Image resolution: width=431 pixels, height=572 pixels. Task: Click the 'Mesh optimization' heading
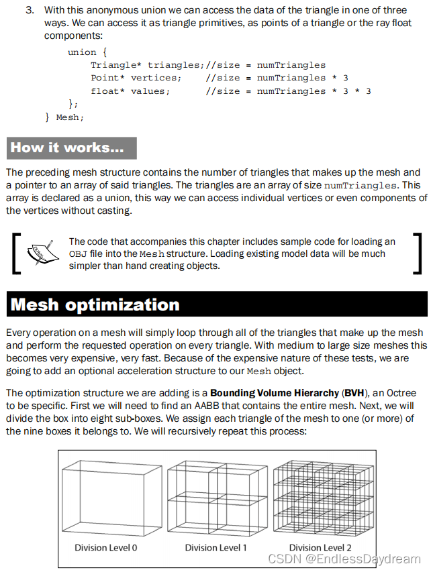click(95, 305)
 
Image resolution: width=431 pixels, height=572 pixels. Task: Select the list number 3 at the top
click(30, 11)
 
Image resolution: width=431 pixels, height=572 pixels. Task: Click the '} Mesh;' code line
click(64, 117)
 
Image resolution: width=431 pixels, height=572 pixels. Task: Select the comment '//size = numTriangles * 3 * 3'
click(289, 91)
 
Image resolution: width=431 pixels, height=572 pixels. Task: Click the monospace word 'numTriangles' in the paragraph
click(359, 186)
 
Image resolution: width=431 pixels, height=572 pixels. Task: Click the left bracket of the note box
click(16, 253)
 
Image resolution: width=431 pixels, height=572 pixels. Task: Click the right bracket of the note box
click(417, 253)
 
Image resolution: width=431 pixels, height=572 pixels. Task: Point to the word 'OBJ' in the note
click(77, 254)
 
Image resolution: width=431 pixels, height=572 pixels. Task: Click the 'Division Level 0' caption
click(105, 548)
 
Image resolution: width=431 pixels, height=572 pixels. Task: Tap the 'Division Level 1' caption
click(216, 548)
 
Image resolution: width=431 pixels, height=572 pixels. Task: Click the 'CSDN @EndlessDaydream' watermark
click(344, 559)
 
